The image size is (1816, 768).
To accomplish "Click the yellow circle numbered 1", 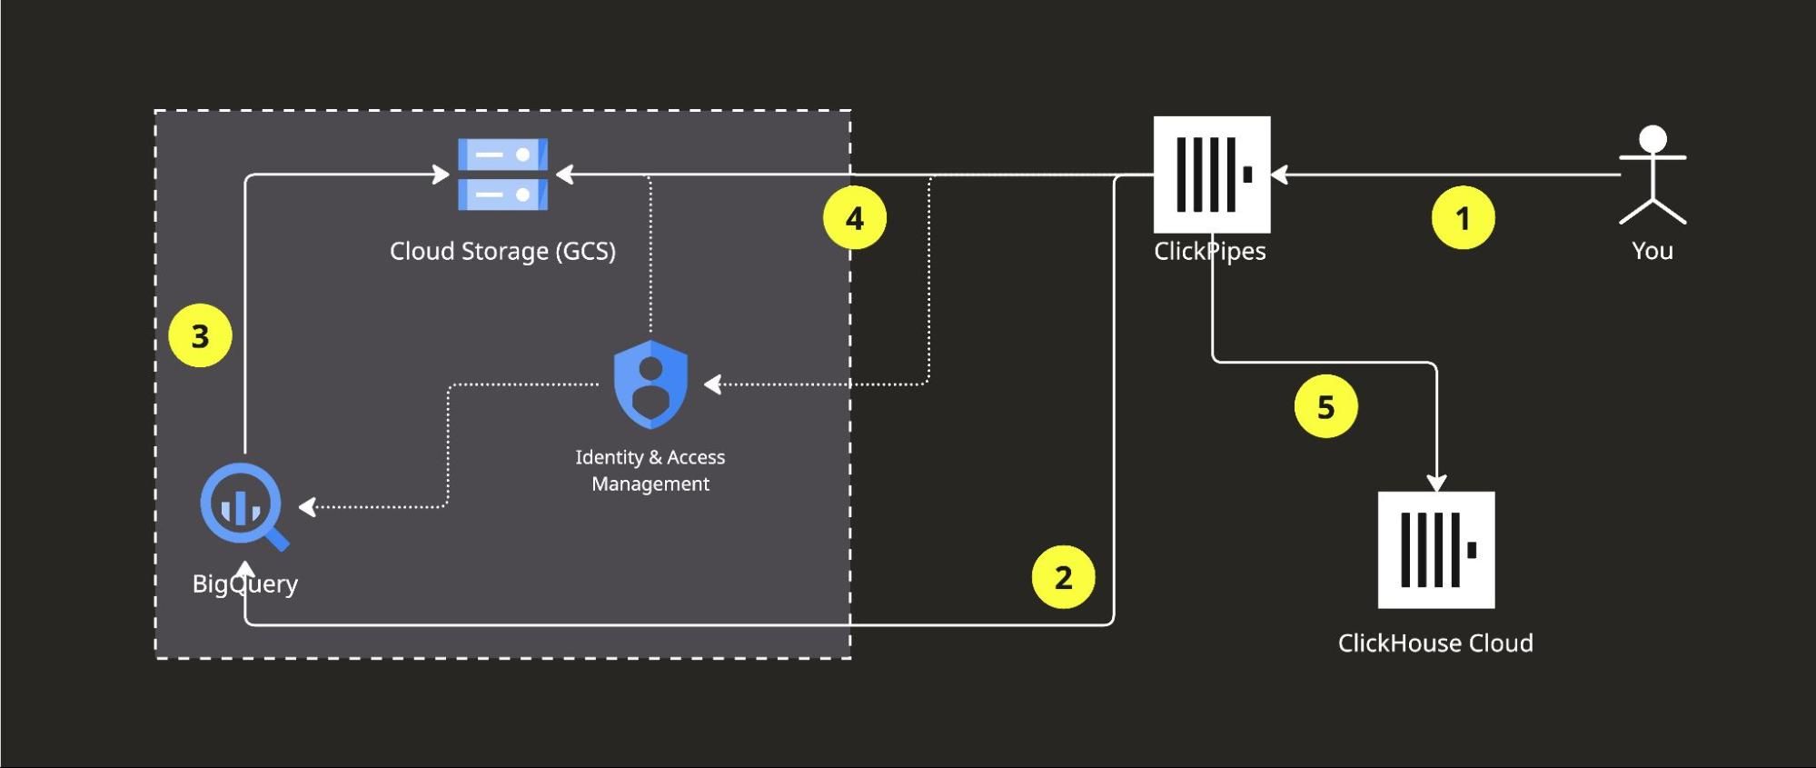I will pyautogui.click(x=1463, y=218).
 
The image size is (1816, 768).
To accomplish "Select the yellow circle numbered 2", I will pyautogui.click(x=1063, y=577).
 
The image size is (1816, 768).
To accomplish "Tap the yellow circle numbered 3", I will pyautogui.click(x=200, y=336).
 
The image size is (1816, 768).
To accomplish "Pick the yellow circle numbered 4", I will pyautogui.click(x=854, y=218).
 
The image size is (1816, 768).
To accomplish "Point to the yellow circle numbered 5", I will pyautogui.click(x=1325, y=406).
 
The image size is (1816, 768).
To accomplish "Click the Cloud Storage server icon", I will pyautogui.click(x=502, y=175).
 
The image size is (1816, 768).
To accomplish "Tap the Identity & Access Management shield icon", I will pyautogui.click(x=650, y=384).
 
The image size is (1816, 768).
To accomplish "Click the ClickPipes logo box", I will pyautogui.click(x=1212, y=175).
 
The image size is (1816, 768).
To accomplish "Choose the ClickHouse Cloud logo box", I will pyautogui.click(x=1435, y=550).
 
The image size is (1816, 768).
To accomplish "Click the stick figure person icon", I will pyautogui.click(x=1652, y=175).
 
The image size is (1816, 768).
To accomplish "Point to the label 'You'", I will pyautogui.click(x=1652, y=251).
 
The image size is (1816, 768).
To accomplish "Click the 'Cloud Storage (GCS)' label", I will pyautogui.click(x=502, y=251).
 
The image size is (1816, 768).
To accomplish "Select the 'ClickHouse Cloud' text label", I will pyautogui.click(x=1435, y=643).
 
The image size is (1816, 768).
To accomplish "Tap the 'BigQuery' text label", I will pyautogui.click(x=244, y=583).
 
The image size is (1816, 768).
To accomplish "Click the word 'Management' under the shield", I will pyautogui.click(x=650, y=484).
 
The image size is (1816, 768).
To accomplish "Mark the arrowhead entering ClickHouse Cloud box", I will pyautogui.click(x=1436, y=482).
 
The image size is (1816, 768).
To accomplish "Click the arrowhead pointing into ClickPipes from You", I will pyautogui.click(x=1280, y=175).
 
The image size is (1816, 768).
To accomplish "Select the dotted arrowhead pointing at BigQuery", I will pyautogui.click(x=308, y=506).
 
